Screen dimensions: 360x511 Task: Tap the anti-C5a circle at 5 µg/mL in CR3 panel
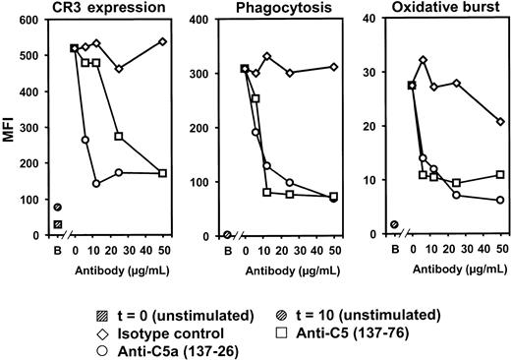click(x=85, y=140)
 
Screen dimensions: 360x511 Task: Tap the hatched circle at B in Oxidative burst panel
click(x=395, y=224)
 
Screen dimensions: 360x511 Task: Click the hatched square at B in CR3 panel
click(x=58, y=224)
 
